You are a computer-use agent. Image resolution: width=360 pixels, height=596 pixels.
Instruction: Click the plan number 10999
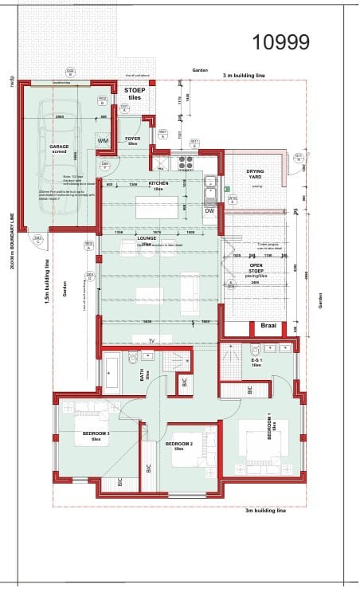point(281,42)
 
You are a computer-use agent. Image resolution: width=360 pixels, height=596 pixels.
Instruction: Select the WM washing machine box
point(104,141)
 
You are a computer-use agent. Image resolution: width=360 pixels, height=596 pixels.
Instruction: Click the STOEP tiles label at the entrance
point(135,94)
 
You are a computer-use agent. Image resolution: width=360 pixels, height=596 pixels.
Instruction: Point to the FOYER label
point(133,140)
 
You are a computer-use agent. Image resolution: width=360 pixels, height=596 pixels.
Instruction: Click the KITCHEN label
point(158,185)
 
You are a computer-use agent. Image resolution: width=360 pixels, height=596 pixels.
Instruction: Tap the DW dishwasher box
point(209,210)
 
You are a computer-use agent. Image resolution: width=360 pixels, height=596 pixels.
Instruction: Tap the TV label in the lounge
point(151,340)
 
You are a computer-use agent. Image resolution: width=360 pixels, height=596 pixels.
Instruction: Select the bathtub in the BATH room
point(111,371)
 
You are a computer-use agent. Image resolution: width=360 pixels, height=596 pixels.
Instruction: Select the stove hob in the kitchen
point(185,163)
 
